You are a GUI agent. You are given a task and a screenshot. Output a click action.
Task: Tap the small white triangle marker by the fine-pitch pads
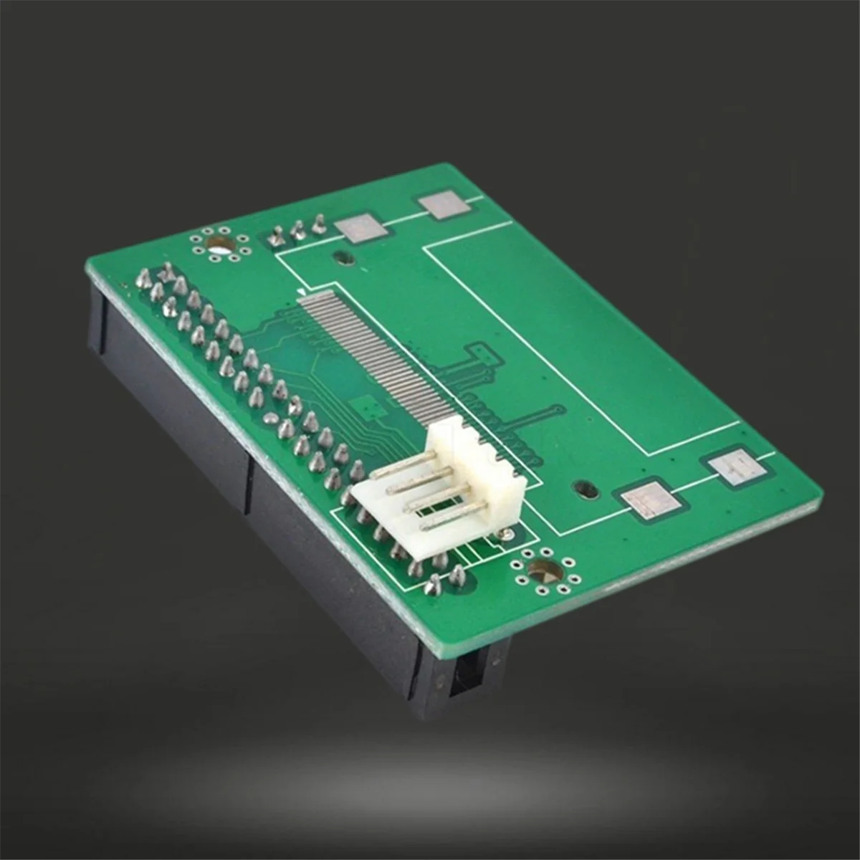point(301,292)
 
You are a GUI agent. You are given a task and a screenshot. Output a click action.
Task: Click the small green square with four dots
point(372,409)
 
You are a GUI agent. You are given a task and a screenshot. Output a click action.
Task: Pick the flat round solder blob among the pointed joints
point(271,419)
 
